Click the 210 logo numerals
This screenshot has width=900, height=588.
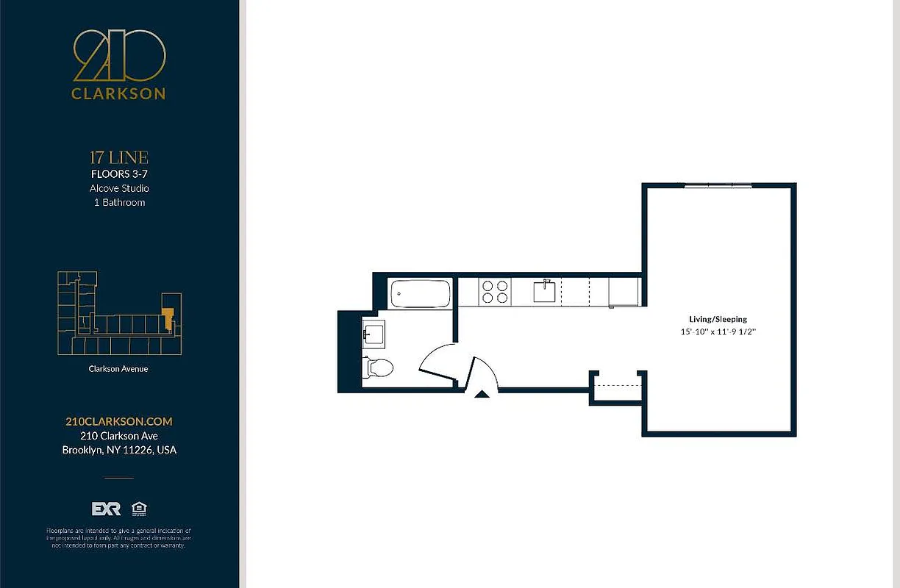click(119, 56)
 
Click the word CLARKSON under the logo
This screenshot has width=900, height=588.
click(119, 94)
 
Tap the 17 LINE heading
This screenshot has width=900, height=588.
click(119, 157)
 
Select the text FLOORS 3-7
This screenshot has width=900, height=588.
click(119, 174)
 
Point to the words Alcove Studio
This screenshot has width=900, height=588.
click(119, 188)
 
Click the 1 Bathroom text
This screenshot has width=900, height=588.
click(119, 202)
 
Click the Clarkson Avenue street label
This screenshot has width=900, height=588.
click(118, 369)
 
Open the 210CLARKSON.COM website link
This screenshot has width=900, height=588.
click(119, 421)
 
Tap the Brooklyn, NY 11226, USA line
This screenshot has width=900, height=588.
click(119, 450)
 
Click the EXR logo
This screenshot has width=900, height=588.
click(106, 509)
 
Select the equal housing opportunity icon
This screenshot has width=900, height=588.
click(138, 509)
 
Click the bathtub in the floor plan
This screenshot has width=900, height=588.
click(419, 294)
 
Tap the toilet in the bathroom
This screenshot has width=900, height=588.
click(379, 367)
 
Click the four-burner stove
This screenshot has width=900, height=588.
click(493, 292)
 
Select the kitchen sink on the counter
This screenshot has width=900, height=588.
click(545, 292)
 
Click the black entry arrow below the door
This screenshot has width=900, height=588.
click(482, 395)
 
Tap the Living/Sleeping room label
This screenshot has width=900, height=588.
click(718, 319)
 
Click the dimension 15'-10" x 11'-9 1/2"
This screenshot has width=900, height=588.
click(718, 332)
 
